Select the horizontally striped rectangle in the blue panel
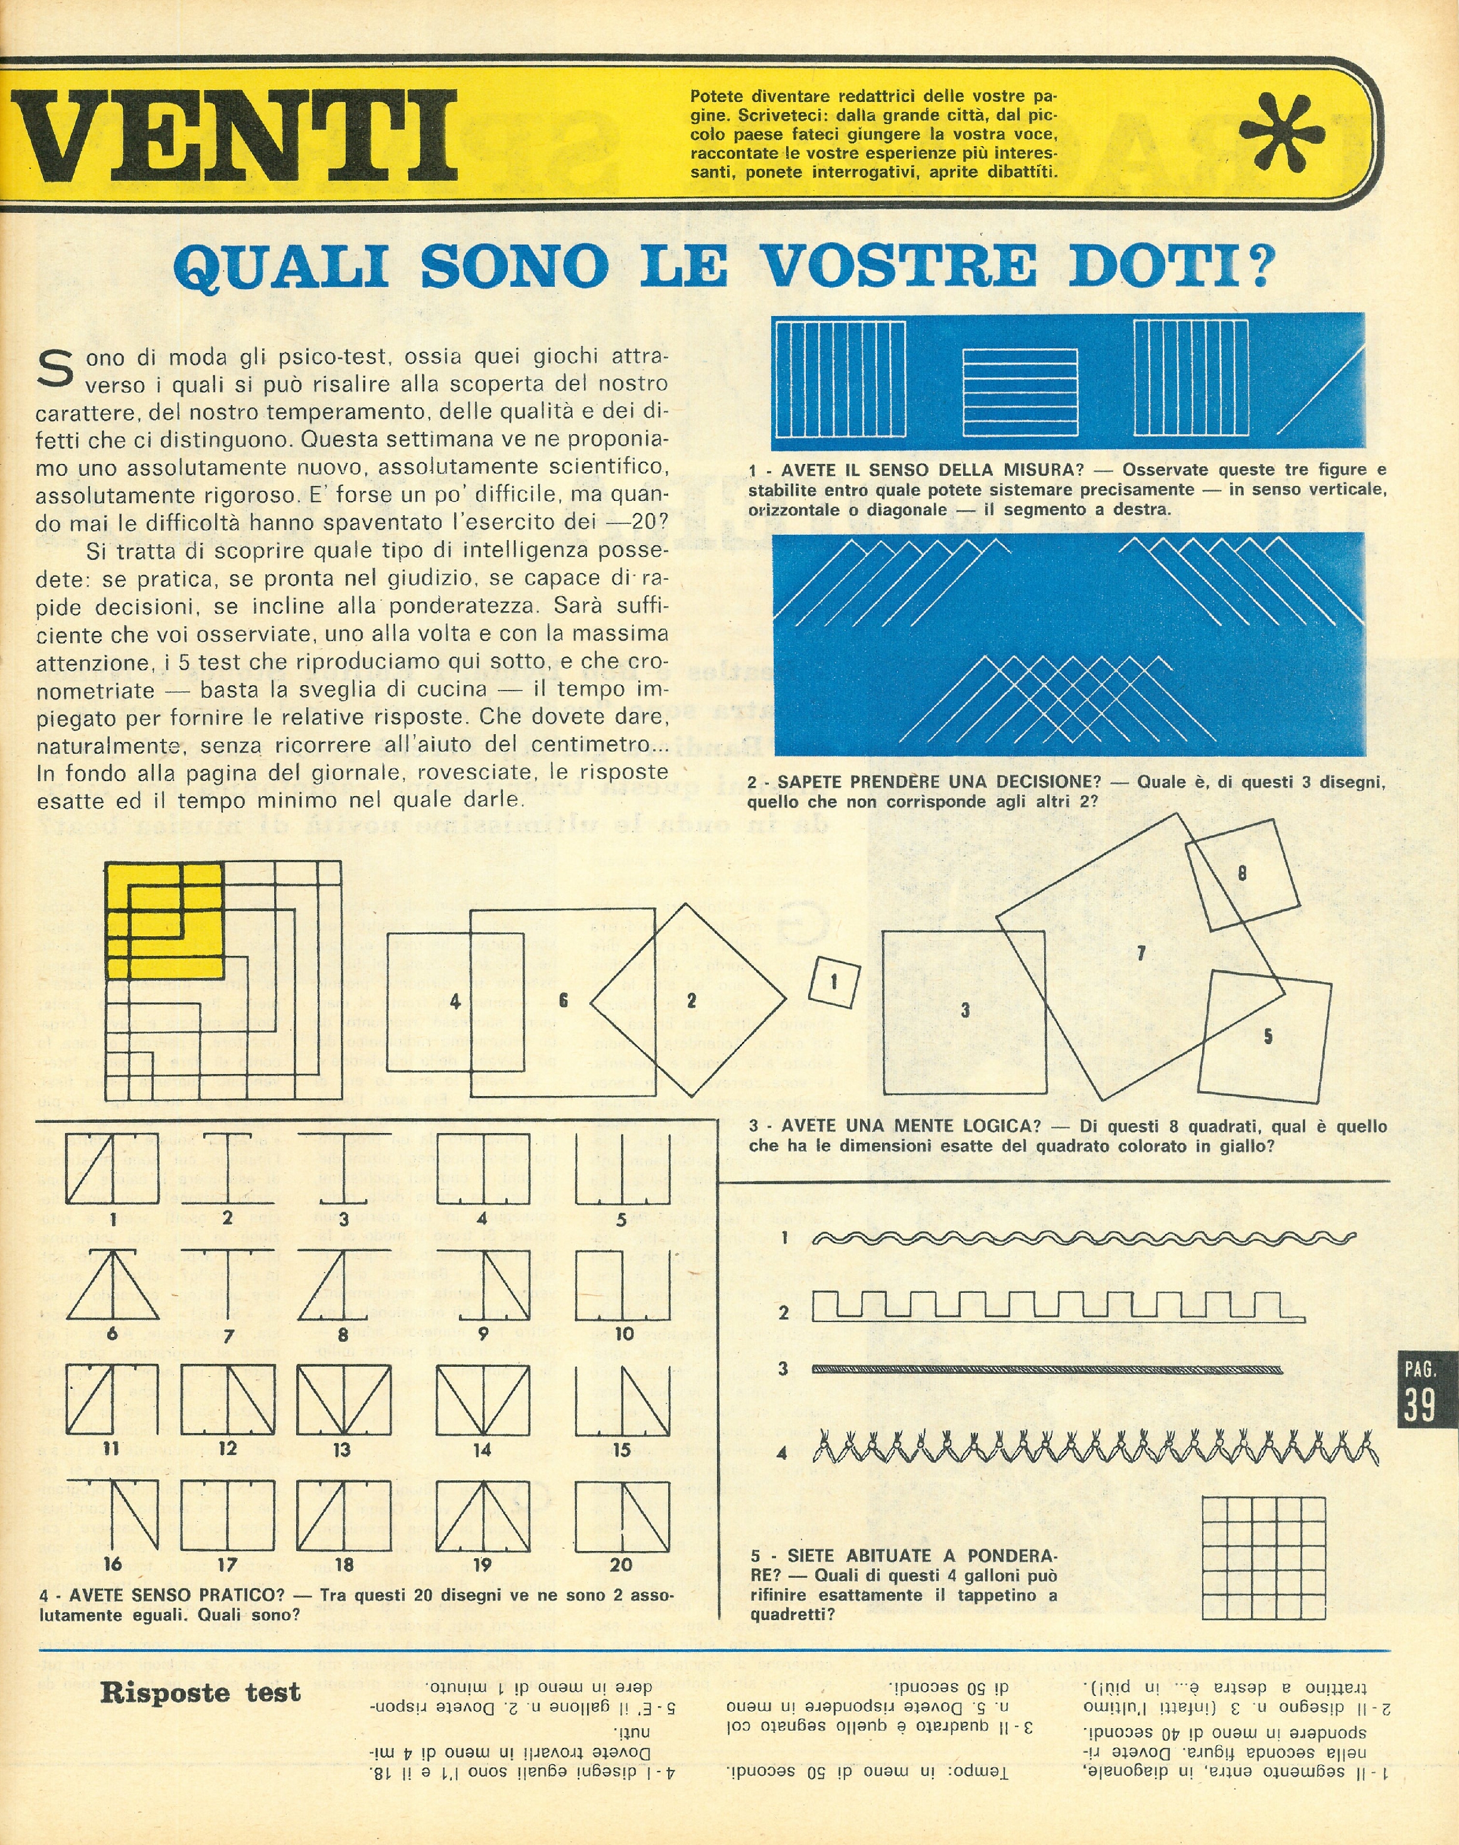point(1020,391)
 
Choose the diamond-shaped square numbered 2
point(688,1000)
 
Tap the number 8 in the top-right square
point(1242,872)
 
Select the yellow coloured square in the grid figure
point(164,920)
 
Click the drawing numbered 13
point(343,1400)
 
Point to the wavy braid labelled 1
point(1083,1237)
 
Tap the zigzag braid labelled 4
point(1095,1448)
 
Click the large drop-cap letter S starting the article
point(57,370)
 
